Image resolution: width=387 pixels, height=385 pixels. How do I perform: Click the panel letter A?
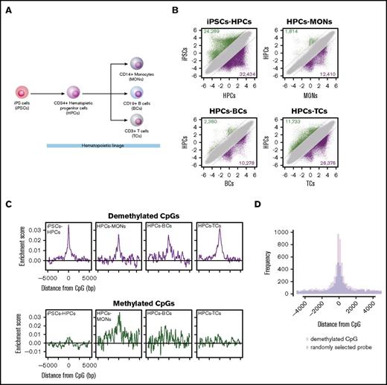[7, 7]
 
